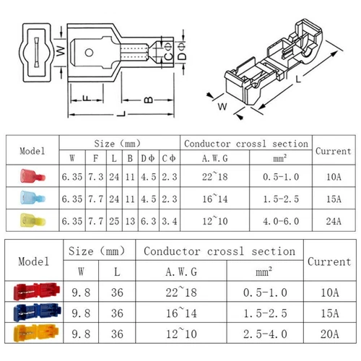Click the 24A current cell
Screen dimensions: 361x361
(334, 219)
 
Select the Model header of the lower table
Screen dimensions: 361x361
(34, 261)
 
